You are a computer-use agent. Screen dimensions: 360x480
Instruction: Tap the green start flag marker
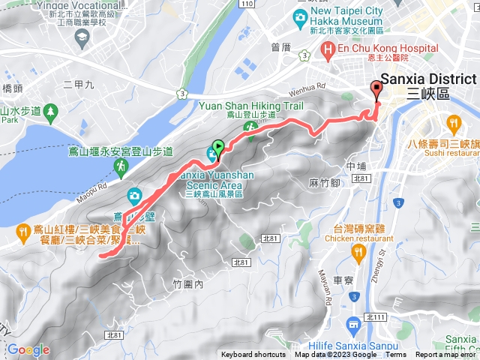[218, 146]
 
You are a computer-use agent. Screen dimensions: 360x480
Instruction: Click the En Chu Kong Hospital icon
[327, 49]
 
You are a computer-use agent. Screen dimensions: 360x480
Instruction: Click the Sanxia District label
[428, 79]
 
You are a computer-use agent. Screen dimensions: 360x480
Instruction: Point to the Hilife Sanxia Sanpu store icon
[353, 325]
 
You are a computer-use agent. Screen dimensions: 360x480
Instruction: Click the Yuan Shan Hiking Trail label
[250, 106]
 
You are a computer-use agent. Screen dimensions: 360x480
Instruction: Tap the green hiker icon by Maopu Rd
[119, 165]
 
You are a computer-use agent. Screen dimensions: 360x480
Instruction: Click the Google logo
[28, 349]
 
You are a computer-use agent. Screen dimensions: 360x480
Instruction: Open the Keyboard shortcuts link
[253, 355]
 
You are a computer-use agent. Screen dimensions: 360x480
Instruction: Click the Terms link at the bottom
[396, 355]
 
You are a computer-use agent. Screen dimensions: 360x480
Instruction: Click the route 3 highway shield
[183, 93]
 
